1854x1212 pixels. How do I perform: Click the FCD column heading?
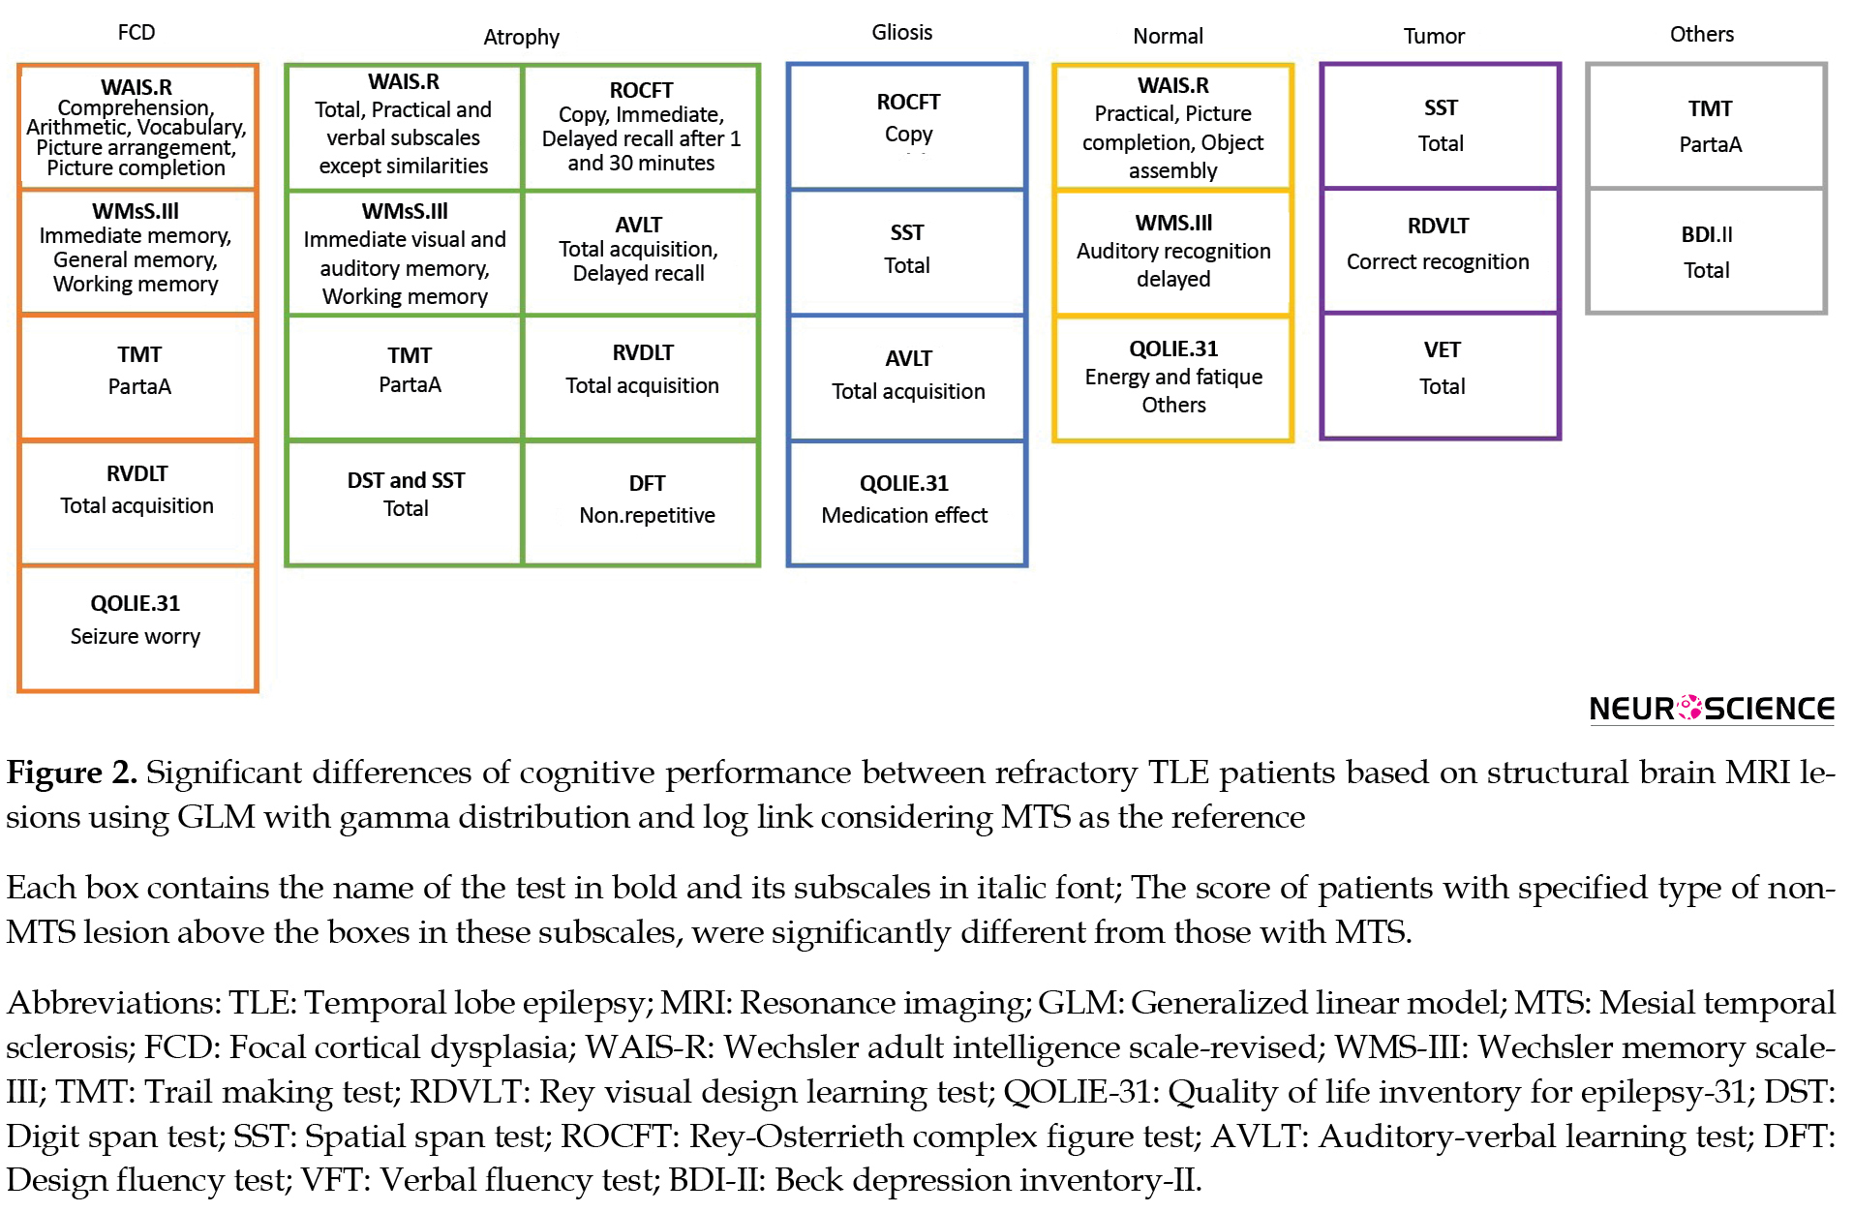(137, 32)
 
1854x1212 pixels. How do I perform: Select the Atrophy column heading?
(521, 37)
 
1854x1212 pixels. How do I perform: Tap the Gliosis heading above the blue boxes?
(902, 32)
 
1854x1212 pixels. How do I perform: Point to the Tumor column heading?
(1434, 36)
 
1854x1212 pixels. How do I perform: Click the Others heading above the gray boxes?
(1701, 34)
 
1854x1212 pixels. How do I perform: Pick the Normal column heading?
(1168, 36)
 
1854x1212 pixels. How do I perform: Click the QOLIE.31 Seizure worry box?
(137, 629)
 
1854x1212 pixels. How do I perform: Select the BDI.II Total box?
(1706, 251)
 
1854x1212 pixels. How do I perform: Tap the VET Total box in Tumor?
(1441, 377)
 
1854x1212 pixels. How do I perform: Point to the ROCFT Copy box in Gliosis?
(907, 126)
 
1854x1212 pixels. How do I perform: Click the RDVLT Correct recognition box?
(1441, 251)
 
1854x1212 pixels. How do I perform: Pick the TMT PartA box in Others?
(1706, 126)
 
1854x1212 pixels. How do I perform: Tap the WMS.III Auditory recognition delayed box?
(1173, 253)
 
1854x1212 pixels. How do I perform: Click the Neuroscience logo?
(1712, 709)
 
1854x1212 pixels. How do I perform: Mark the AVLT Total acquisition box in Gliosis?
(907, 378)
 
